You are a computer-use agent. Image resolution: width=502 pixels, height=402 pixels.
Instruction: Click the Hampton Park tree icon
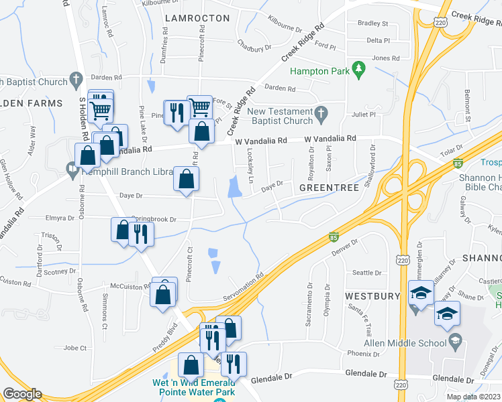tap(359, 68)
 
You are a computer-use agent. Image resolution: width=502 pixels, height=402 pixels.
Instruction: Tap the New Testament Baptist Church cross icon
tap(321, 111)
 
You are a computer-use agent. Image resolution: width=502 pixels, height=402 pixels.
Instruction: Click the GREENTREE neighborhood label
tap(329, 188)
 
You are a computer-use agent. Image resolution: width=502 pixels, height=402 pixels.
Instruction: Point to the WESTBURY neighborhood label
tap(372, 295)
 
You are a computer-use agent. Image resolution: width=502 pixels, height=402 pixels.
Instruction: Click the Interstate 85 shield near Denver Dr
tap(334, 237)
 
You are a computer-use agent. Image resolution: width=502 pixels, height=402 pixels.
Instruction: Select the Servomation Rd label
tap(243, 286)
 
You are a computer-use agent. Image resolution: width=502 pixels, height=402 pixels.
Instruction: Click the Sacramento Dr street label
tap(309, 304)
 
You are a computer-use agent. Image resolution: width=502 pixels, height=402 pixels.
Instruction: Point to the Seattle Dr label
tap(366, 273)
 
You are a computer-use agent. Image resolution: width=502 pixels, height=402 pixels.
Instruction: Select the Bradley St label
tap(373, 23)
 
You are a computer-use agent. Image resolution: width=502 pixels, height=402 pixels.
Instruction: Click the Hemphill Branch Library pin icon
tap(72, 170)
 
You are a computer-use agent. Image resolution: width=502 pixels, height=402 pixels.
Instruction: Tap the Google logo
tap(22, 394)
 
